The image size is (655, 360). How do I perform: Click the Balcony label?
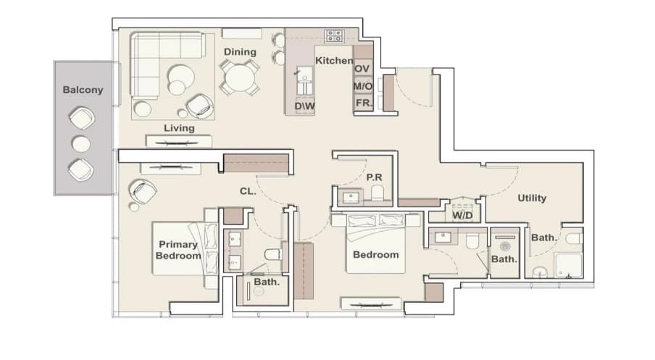pos(83,90)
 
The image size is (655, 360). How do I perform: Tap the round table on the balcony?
pos(81,144)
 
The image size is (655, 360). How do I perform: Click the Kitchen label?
pos(334,61)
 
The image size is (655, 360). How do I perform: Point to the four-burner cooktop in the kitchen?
pos(335,36)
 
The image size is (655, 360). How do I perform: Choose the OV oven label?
pos(362,69)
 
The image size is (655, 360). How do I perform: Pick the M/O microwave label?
pos(362,86)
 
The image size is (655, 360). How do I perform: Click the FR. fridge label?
pos(364,103)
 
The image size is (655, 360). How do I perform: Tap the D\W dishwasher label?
pos(304,106)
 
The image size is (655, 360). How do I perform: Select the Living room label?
pos(179,128)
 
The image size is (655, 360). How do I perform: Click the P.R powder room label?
pos(375,177)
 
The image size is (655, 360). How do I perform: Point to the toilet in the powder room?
pos(377,193)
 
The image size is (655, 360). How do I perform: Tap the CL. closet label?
pos(248,191)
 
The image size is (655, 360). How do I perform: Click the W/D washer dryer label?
pos(462,216)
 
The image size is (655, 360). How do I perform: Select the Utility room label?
pos(532,198)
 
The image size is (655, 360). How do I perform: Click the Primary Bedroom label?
pos(178,250)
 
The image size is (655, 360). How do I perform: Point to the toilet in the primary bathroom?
pos(273,254)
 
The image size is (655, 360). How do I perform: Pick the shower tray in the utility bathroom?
pos(568,265)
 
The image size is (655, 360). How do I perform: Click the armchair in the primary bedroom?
pos(143,191)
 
